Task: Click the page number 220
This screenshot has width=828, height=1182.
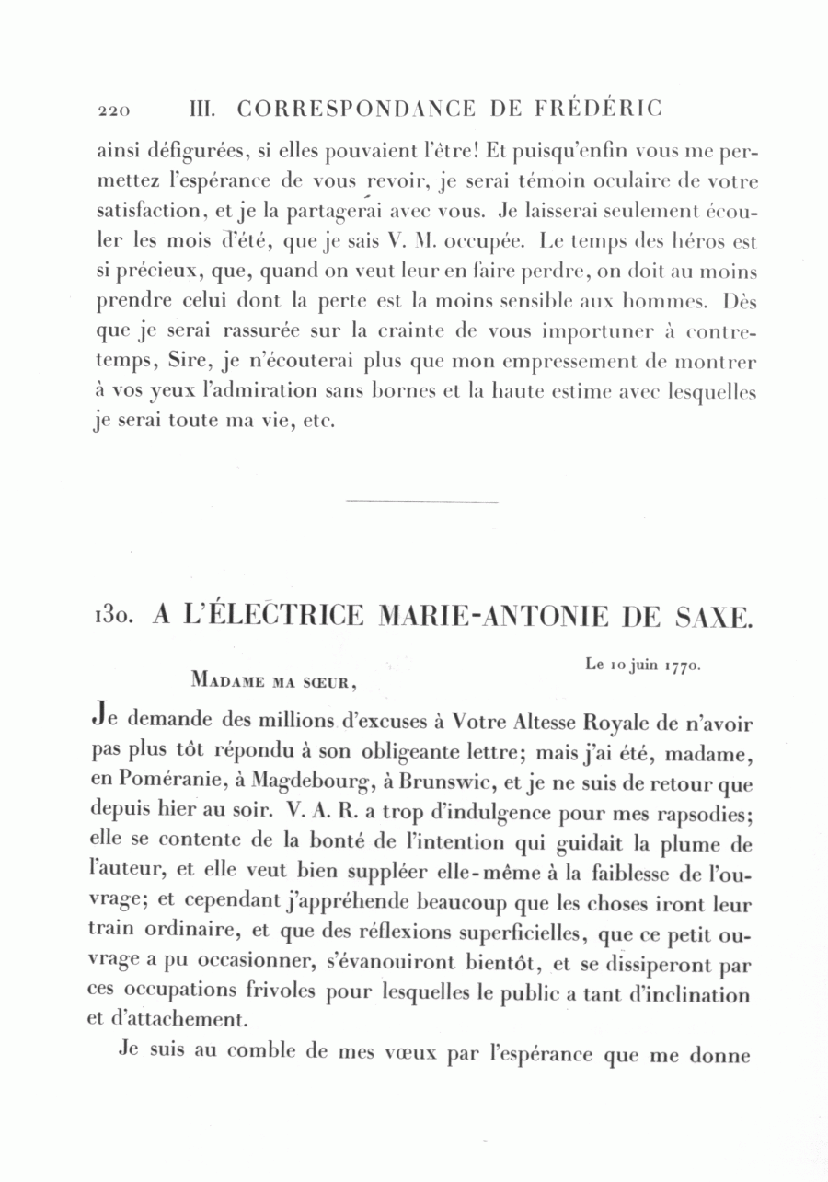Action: pos(113,110)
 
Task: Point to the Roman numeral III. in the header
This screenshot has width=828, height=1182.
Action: pos(201,109)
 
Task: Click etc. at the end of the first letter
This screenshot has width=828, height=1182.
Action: pos(317,423)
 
